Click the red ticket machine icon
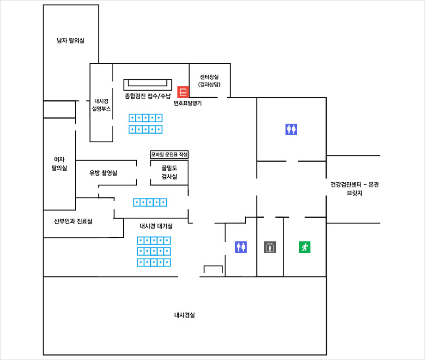[183, 92]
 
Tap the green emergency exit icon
[304, 247]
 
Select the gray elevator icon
[270, 247]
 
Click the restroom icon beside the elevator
[241, 247]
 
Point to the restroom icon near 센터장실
[291, 129]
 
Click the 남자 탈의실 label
[71, 41]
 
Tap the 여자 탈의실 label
[59, 163]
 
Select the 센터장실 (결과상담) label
[209, 81]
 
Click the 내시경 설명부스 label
[101, 105]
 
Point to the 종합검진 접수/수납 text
[148, 96]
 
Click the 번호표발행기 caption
[188, 103]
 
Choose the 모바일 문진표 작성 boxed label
[170, 155]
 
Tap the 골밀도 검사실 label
[170, 172]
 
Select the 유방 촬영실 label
[103, 173]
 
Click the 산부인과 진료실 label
[73, 222]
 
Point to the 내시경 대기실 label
[156, 226]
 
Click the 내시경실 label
[184, 315]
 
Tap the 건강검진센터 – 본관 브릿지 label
[354, 188]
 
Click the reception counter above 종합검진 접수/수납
[148, 85]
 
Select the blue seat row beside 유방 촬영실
[150, 202]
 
